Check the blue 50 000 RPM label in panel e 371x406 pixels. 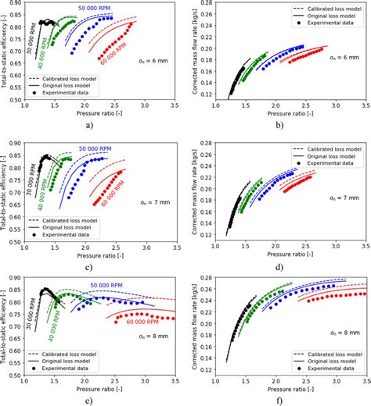(105, 287)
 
